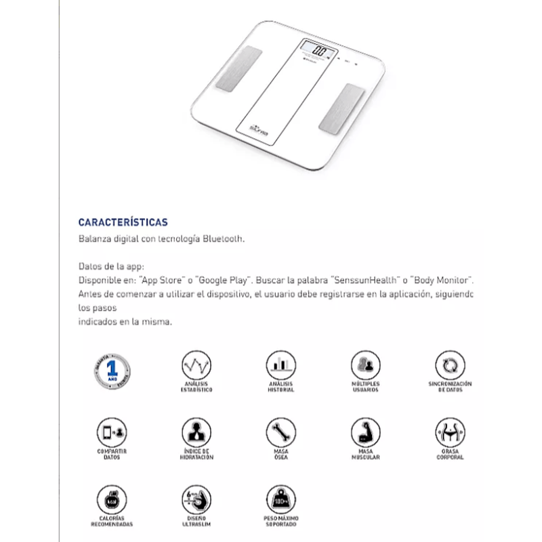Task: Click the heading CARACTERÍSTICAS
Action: point(123,222)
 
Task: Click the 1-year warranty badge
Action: point(112,371)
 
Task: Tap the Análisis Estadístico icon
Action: point(196,366)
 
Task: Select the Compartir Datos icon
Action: point(112,432)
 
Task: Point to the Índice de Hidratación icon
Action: point(196,432)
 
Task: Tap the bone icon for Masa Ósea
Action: point(280,432)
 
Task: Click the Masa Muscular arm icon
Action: point(365,432)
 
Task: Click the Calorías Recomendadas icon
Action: point(112,499)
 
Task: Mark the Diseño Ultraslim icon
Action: point(196,499)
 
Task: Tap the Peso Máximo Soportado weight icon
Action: point(280,499)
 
